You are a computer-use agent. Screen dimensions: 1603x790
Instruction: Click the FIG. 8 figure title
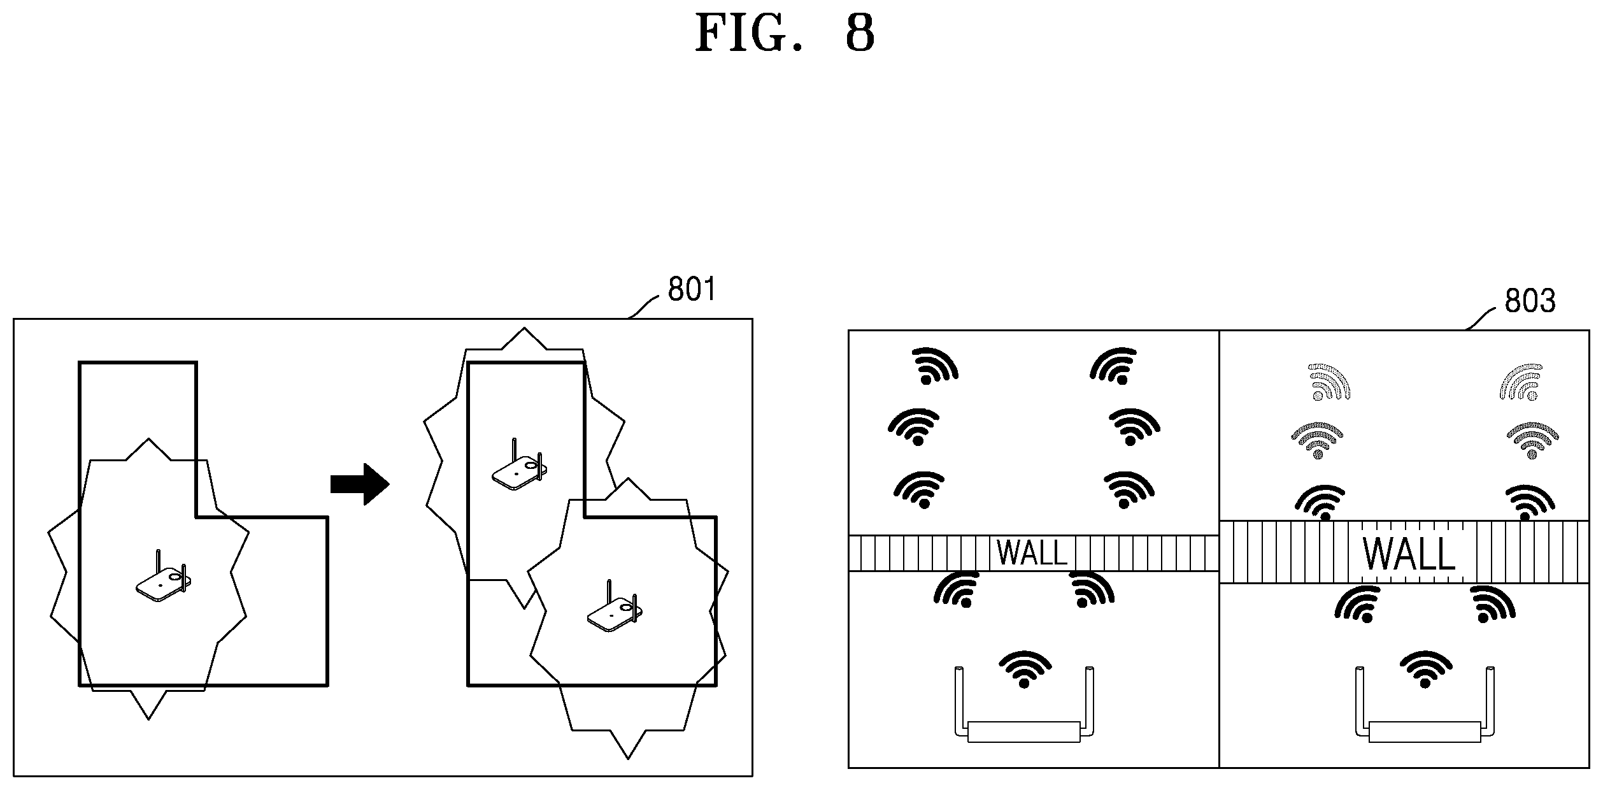coord(785,33)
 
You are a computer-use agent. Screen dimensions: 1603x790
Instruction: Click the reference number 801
coord(692,290)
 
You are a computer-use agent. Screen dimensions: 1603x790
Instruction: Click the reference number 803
coord(1530,300)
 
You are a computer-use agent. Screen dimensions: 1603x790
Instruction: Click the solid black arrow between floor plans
coord(360,484)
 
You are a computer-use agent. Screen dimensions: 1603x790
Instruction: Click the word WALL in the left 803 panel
coord(1032,553)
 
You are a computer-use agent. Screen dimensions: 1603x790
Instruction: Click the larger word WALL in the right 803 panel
coord(1409,553)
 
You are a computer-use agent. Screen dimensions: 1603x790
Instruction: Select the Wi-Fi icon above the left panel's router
coord(1024,669)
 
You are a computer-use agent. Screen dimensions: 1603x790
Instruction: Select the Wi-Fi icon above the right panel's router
coord(1425,669)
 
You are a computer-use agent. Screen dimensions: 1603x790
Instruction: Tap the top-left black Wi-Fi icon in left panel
coord(934,366)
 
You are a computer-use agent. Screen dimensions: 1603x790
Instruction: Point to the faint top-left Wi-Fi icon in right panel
coord(1329,382)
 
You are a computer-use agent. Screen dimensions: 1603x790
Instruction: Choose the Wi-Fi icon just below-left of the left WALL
coord(957,589)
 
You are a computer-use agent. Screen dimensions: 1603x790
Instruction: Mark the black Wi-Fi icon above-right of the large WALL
coord(1529,502)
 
